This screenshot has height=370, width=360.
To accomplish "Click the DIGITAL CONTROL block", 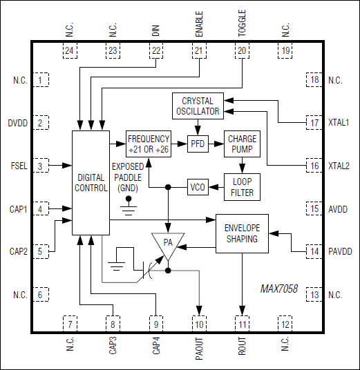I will point(90,182).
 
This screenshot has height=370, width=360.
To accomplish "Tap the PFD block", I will point(198,144).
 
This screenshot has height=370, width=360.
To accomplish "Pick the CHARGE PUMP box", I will point(242,144).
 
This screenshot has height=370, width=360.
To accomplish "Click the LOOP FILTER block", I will point(242,186).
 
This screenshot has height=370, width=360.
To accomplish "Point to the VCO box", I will point(198,187).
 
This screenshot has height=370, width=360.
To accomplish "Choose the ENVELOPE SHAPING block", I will point(242,233).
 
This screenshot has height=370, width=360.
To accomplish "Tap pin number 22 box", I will point(156,50).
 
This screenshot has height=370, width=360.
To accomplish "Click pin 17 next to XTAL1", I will point(314,122).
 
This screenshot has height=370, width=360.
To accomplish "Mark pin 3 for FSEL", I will point(40,166).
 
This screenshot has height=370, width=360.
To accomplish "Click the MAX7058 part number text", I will point(279,289).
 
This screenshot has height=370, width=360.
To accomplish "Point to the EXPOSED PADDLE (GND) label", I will point(129,177).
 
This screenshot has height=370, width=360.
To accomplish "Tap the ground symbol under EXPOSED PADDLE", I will point(128,203).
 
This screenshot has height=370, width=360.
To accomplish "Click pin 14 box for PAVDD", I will point(314,252).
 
